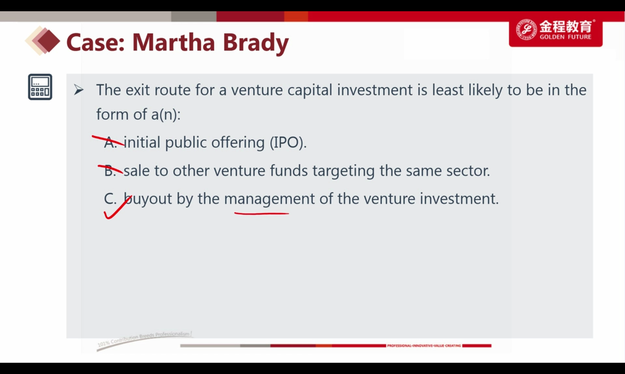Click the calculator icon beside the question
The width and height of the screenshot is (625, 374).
click(40, 87)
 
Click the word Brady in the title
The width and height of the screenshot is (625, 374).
click(256, 43)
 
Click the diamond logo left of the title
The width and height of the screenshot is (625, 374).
click(43, 41)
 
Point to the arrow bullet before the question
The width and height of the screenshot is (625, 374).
click(78, 90)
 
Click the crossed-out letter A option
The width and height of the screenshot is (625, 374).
click(110, 142)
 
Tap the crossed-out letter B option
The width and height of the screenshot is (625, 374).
click(110, 171)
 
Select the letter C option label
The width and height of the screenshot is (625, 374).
click(110, 199)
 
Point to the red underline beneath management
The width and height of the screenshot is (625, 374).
click(262, 214)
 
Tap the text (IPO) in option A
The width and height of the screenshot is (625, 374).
click(288, 143)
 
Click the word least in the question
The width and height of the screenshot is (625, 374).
click(448, 90)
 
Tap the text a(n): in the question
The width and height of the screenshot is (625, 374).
click(166, 115)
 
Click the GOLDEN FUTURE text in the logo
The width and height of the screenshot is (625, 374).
click(565, 37)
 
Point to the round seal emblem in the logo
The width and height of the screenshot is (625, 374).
click(527, 29)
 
